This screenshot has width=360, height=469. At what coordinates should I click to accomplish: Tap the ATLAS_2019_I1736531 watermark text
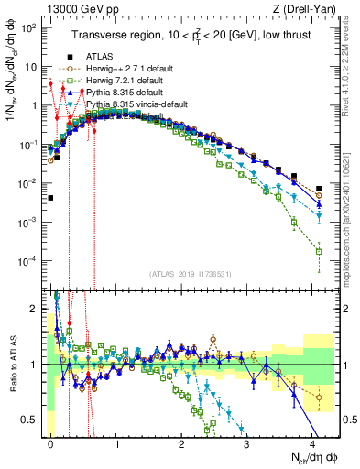190,274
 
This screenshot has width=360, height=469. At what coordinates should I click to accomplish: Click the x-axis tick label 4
312,442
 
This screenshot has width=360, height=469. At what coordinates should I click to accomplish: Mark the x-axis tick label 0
50,442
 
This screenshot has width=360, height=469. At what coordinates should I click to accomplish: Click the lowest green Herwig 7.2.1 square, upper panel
319,251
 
